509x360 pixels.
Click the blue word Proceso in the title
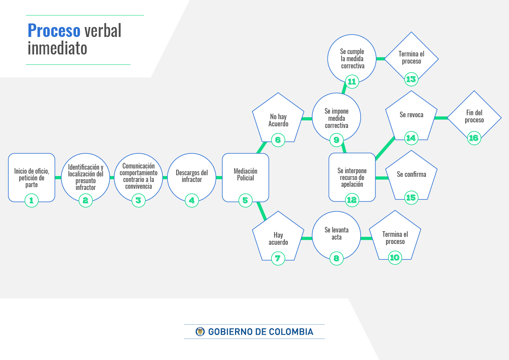pyautogui.click(x=54, y=30)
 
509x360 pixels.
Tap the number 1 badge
pyautogui.click(x=31, y=200)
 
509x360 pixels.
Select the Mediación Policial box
pyautogui.click(x=245, y=178)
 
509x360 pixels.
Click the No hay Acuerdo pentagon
pyautogui.click(x=278, y=118)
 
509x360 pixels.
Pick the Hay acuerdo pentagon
pyautogui.click(x=278, y=236)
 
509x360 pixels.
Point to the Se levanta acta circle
pyautogui.click(x=336, y=235)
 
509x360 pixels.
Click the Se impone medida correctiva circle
pyautogui.click(x=336, y=117)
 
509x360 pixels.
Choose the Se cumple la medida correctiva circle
pyautogui.click(x=352, y=58)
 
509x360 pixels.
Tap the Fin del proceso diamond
pyautogui.click(x=474, y=118)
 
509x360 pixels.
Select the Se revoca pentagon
pyautogui.click(x=411, y=116)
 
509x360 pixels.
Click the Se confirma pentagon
pyautogui.click(x=411, y=176)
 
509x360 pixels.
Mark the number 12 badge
pyautogui.click(x=352, y=200)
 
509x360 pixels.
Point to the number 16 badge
pyautogui.click(x=474, y=138)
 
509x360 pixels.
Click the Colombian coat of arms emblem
pyautogui.click(x=200, y=332)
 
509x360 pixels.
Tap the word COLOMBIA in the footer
pyautogui.click(x=291, y=332)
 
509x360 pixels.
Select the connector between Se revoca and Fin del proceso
pyautogui.click(x=441, y=118)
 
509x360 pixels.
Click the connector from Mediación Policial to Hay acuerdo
pyautogui.click(x=262, y=211)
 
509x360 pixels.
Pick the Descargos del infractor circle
pyautogui.click(x=192, y=178)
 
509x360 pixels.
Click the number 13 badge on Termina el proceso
pyautogui.click(x=411, y=79)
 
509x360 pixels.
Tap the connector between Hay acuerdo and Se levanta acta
pyautogui.click(x=307, y=238)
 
